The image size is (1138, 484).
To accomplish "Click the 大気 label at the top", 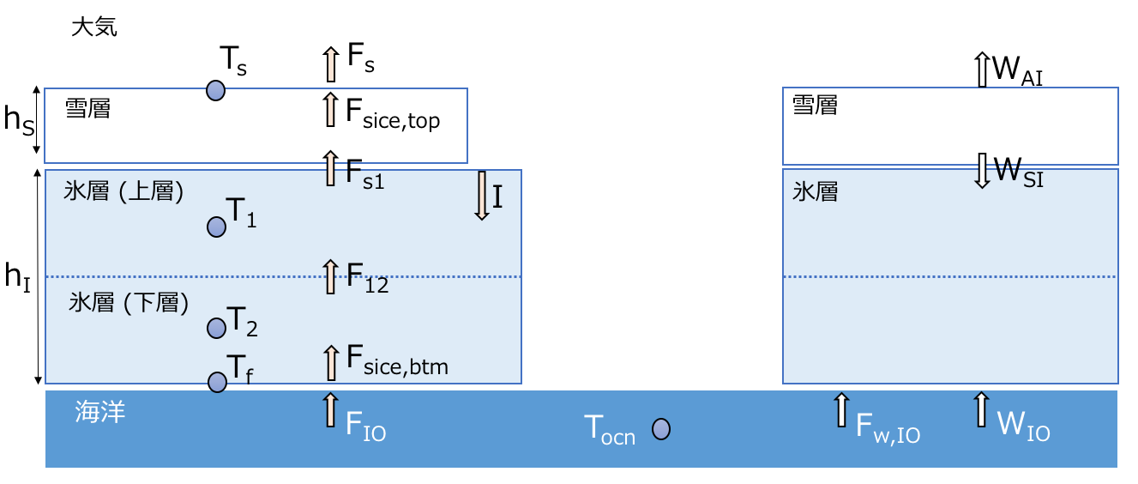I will point(94,27).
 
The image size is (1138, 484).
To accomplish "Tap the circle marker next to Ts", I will point(216,89).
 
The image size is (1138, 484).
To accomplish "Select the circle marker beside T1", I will point(216,227).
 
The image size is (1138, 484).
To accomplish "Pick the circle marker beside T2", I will point(216,326).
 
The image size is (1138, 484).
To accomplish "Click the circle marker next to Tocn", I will point(660,429).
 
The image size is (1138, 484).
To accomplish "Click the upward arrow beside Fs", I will point(331,62).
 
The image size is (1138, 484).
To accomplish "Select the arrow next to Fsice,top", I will point(331,110).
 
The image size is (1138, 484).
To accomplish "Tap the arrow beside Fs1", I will point(331,168).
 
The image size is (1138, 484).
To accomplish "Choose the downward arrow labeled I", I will point(482,196).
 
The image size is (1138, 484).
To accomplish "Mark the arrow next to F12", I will point(331,276).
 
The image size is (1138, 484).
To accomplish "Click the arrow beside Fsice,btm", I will point(331,362).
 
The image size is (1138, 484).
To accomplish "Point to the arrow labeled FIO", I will point(331,409).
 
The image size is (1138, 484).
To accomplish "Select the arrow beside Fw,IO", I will point(841,409).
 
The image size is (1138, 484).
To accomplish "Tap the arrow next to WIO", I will point(981,409).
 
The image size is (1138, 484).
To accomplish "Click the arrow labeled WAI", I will point(982,69).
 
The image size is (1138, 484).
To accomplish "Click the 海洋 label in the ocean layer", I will point(101,412).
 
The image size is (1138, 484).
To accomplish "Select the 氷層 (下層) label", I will point(128,303).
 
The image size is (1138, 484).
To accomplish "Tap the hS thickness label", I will point(19,120).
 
